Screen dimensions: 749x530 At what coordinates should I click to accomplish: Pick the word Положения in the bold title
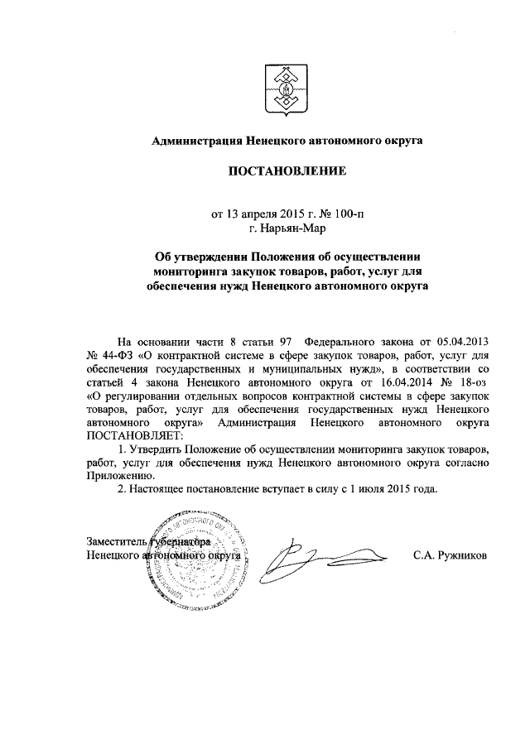coord(264,257)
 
